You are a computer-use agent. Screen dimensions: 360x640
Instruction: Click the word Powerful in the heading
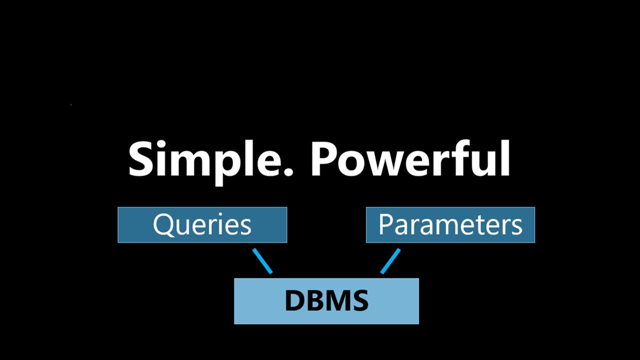(410, 159)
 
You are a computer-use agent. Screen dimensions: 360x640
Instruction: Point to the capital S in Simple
(141, 159)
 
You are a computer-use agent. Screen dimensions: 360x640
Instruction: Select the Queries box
(202, 225)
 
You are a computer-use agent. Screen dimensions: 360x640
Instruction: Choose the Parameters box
(450, 225)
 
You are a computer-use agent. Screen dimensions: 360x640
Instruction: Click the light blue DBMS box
(326, 301)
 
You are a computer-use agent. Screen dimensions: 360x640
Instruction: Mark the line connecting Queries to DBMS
(262, 261)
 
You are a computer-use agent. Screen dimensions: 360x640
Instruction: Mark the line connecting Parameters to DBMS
(390, 261)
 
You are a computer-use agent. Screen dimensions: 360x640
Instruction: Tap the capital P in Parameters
(385, 224)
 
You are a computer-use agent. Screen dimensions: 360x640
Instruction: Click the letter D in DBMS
(295, 301)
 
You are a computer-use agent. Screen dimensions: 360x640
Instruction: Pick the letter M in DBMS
(338, 301)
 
